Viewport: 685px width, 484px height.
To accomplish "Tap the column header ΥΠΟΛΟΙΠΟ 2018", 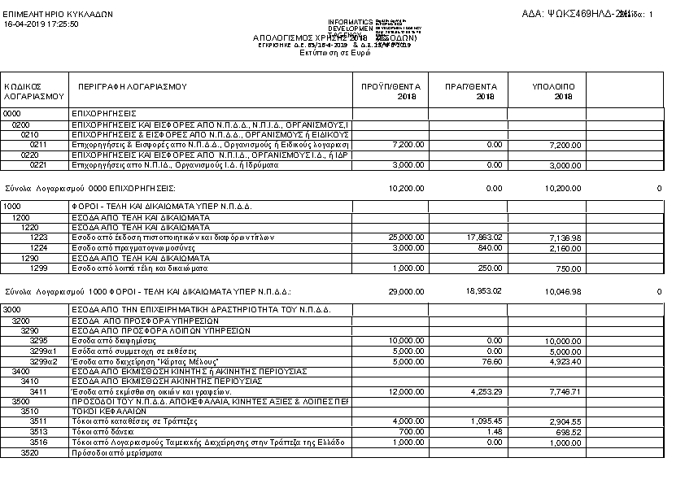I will coord(553,91).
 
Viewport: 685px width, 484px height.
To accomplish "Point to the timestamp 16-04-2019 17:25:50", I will coord(41,24).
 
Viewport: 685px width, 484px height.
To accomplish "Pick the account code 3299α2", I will coord(46,360).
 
